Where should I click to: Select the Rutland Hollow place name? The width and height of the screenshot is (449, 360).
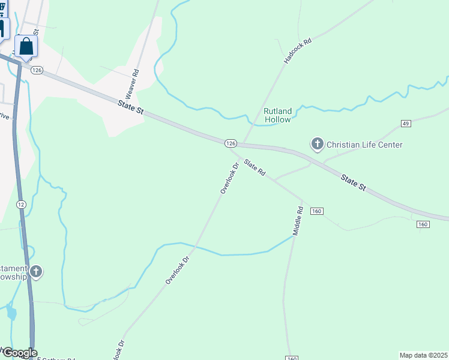coord(277,115)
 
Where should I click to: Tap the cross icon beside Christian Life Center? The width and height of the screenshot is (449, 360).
coord(317,144)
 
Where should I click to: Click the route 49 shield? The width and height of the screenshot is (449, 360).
coord(406,124)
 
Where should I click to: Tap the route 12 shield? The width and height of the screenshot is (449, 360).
coord(21,205)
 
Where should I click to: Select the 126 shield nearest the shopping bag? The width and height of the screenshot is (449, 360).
coord(37,70)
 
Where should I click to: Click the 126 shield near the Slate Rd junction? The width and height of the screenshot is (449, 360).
coord(231,143)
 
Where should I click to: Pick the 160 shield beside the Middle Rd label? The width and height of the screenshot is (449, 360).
coord(317,211)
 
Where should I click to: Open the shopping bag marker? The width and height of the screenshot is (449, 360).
coord(26,46)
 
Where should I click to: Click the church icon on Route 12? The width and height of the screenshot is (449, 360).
coord(36,272)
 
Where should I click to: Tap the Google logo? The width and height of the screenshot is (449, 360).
coord(19,353)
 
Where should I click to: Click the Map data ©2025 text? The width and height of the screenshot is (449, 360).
coord(424,355)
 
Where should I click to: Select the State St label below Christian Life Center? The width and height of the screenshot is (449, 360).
coord(353,183)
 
